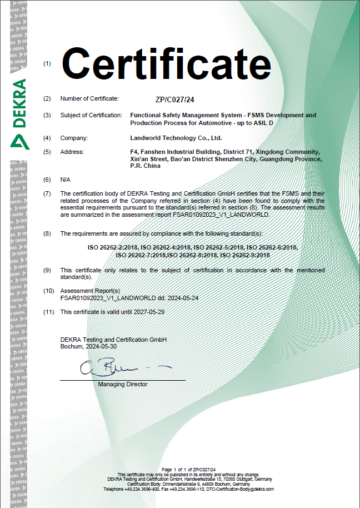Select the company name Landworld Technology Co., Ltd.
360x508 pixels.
tap(176, 138)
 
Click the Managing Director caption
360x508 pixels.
tap(123, 384)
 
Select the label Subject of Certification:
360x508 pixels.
tap(91, 115)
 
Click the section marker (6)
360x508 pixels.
tap(47, 180)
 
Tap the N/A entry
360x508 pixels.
tap(65, 180)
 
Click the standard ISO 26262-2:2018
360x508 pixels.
tap(113, 247)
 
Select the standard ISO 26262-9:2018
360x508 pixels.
tap(245, 255)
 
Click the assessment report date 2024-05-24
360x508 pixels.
tap(181, 298)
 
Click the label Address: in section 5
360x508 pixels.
tap(72, 152)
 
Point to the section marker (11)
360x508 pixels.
tap(48, 312)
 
